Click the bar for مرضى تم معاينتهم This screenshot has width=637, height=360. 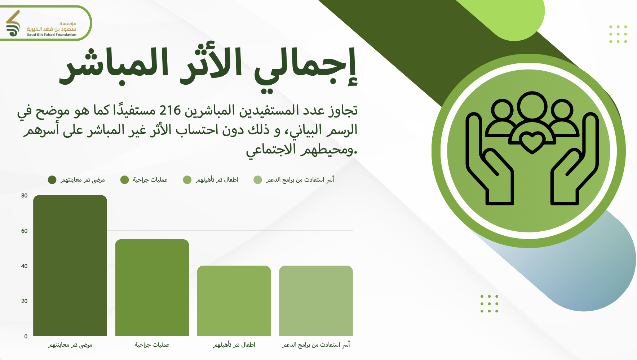(70, 266)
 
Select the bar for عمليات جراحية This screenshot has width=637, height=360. (152, 288)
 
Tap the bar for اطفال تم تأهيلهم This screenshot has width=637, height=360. (234, 301)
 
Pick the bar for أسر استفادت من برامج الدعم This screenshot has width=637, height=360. (316, 301)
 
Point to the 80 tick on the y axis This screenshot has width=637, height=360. (24, 196)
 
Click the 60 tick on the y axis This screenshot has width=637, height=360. (24, 231)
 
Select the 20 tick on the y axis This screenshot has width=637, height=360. (24, 301)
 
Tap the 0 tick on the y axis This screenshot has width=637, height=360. (26, 336)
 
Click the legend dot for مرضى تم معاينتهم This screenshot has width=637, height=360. (52, 180)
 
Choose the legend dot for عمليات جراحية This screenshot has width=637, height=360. (125, 180)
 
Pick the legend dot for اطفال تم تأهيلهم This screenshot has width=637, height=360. (187, 180)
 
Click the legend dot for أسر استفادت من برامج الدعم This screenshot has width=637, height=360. (258, 180)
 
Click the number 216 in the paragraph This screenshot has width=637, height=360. (170, 110)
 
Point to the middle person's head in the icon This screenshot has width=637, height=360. (532, 107)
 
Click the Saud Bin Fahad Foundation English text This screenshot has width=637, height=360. (52, 35)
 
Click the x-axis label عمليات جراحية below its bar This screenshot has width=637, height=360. (152, 345)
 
